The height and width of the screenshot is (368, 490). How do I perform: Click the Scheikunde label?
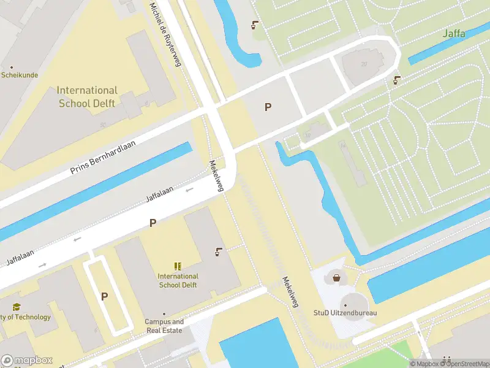[20, 75]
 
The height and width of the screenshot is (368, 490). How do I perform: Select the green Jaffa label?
[454, 34]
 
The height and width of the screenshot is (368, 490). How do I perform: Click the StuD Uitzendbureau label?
[345, 313]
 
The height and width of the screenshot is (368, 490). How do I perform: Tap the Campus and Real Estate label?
[164, 326]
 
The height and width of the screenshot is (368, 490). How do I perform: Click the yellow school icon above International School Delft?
[178, 266]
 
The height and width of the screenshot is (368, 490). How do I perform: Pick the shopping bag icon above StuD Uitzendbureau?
[336, 278]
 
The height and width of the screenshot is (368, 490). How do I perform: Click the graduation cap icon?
[17, 307]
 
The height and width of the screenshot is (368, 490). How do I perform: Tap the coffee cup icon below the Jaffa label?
[398, 80]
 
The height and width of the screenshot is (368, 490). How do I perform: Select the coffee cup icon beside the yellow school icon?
[218, 251]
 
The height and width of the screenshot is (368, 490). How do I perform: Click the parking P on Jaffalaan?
[153, 223]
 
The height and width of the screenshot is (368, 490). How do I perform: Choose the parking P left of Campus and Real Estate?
[104, 296]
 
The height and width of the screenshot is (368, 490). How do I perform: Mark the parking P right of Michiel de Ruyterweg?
[268, 107]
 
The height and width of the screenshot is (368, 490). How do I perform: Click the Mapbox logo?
[27, 360]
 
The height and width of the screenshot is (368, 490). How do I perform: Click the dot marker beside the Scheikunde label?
[11, 67]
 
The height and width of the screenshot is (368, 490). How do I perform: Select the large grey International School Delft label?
[88, 97]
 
